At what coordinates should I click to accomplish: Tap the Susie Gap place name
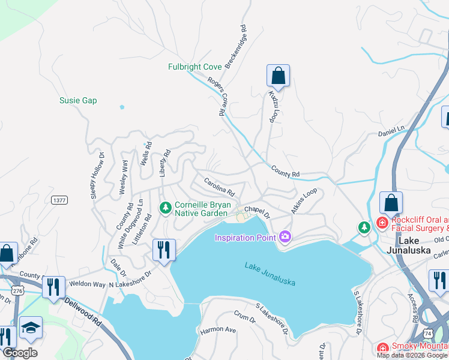(78, 101)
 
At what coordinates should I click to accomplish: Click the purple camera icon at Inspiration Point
(285, 236)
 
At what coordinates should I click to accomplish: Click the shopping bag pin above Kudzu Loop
(278, 76)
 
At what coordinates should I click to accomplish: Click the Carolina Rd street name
(219, 187)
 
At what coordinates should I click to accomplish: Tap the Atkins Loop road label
(304, 202)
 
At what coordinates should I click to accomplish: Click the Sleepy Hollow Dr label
(97, 175)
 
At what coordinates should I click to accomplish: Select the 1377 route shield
(59, 200)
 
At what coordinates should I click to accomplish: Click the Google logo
(20, 353)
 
